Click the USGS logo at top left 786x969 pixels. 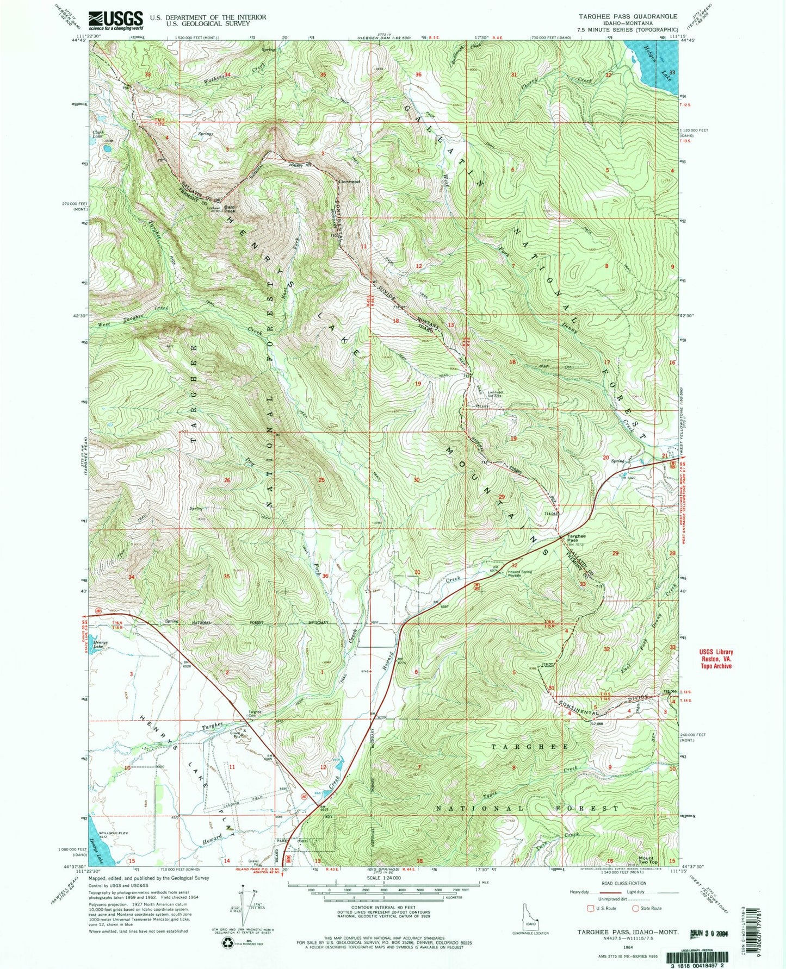[x=115, y=21]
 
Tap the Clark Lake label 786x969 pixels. [x=98, y=133]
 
